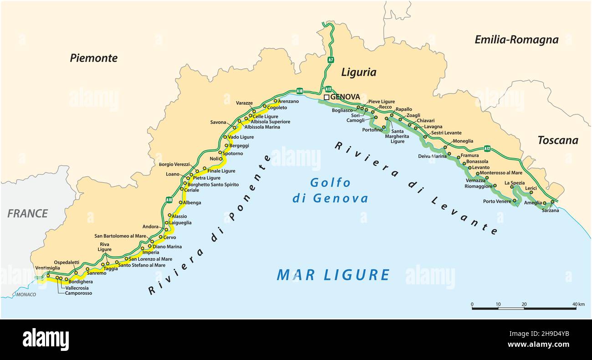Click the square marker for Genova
[x=327, y=97]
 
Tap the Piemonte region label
[x=93, y=58]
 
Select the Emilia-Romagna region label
[x=516, y=40]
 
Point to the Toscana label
[x=557, y=140]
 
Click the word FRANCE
[x=27, y=213]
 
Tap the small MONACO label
[x=26, y=295]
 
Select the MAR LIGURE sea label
[x=333, y=275]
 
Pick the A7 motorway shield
[x=331, y=59]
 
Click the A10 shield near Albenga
[x=169, y=200]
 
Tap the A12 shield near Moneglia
[x=487, y=148]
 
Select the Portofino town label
[x=372, y=130]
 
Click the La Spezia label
[x=514, y=183]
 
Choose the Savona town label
[x=218, y=122]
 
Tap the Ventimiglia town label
[x=47, y=268]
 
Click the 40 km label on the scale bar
[x=578, y=304]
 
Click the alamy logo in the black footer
[x=46, y=339]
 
